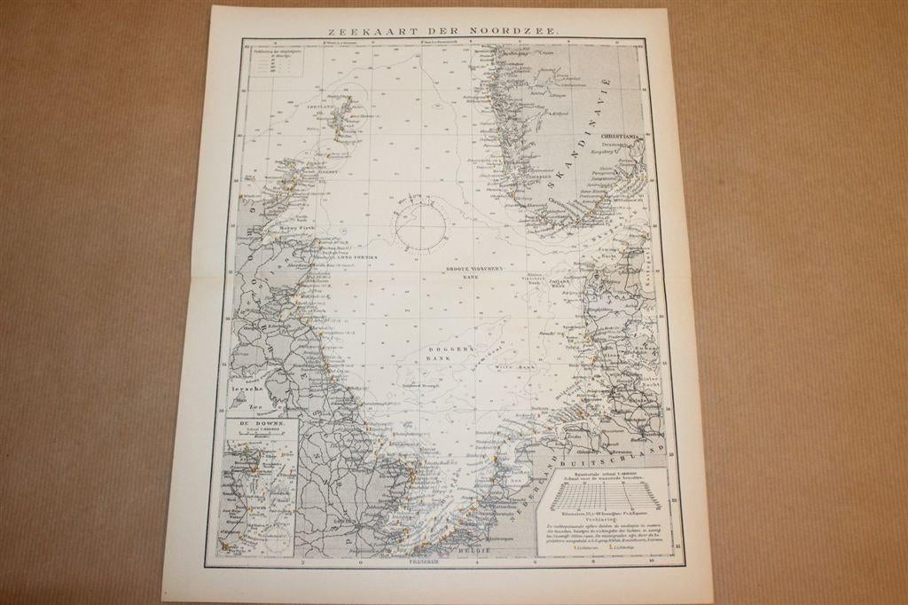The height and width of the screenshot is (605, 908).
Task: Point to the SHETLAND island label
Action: pos(320,106)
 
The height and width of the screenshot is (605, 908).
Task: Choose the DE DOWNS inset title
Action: pos(249,425)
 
